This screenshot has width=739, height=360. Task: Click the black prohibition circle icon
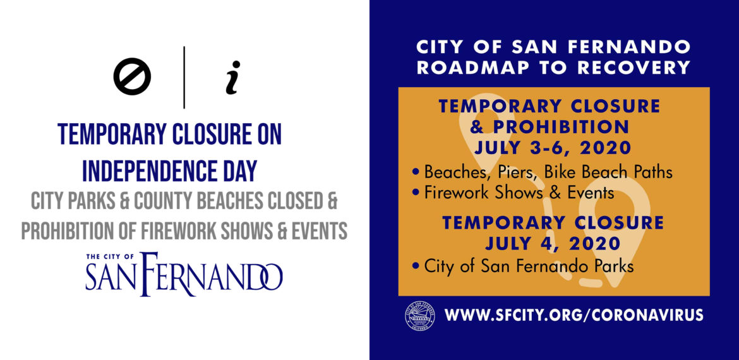tap(132, 77)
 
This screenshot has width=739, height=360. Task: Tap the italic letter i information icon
tap(233, 77)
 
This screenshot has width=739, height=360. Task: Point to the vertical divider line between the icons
tap(184, 77)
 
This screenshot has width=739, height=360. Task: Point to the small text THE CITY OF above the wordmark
tap(111, 257)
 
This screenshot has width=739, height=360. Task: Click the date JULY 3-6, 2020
tap(553, 148)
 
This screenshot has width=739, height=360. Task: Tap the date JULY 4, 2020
tap(553, 244)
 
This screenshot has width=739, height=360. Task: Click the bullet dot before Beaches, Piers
tap(415, 172)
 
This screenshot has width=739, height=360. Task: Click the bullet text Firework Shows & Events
tap(519, 193)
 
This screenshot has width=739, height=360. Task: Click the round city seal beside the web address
tap(420, 315)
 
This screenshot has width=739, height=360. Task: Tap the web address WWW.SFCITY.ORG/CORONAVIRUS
tap(574, 315)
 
